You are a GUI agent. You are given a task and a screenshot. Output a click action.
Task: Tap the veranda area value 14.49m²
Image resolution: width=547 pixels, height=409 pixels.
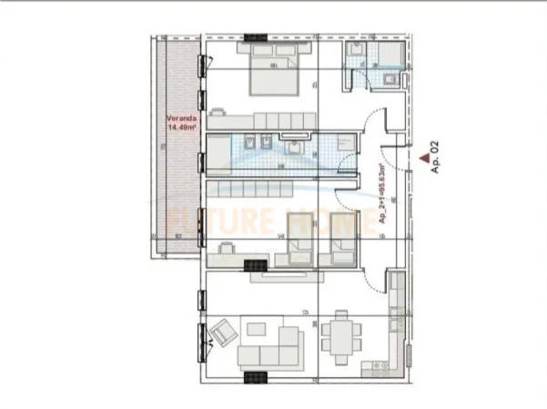coord(179,128)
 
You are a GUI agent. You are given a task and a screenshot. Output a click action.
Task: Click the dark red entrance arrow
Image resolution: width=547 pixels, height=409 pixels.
coord(423,155)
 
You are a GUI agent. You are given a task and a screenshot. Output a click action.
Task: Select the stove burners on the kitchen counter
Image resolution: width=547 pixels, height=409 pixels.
coord(395,318)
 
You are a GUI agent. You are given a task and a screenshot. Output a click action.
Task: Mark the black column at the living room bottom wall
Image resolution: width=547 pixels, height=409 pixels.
coord(256,375)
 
